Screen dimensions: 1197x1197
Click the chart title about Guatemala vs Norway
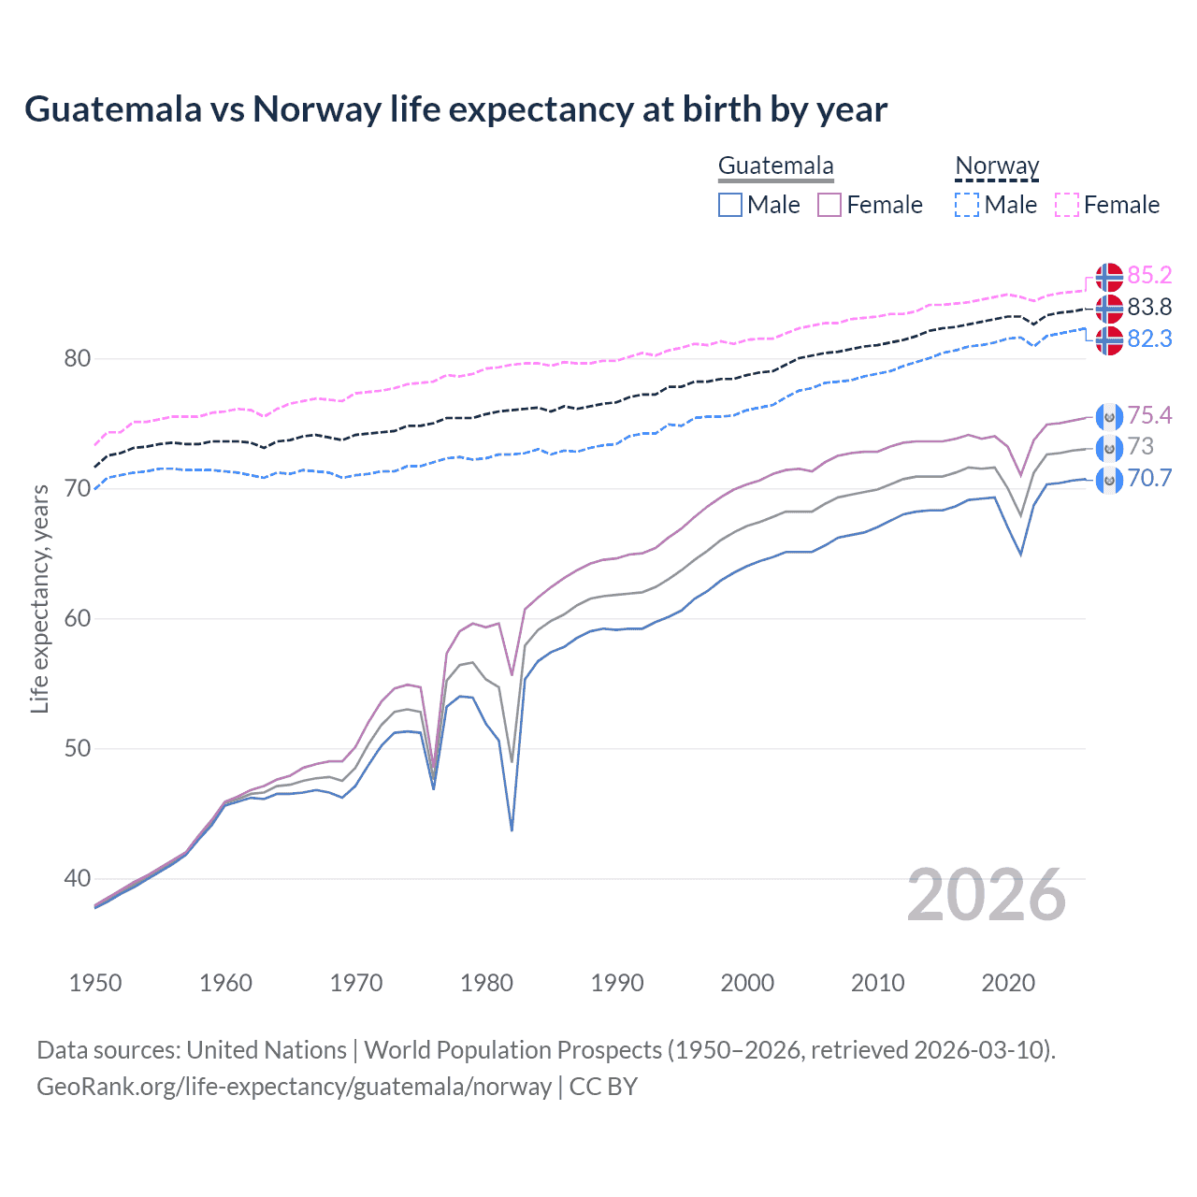pyautogui.click(x=455, y=109)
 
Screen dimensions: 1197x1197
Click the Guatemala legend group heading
pyautogui.click(x=775, y=166)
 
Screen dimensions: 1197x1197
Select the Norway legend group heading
pyautogui.click(x=997, y=166)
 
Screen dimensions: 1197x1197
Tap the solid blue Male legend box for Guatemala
pyautogui.click(x=730, y=205)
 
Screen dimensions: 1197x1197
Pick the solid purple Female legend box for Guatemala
pyautogui.click(x=829, y=205)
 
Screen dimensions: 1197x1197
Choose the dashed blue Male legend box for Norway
pyautogui.click(x=968, y=205)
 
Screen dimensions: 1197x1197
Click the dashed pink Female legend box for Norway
pyautogui.click(x=1067, y=205)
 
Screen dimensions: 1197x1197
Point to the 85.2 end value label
pyautogui.click(x=1149, y=275)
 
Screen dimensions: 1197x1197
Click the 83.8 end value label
pyautogui.click(x=1149, y=307)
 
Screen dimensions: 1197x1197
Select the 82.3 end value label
pyautogui.click(x=1149, y=339)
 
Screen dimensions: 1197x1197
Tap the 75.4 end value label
pyautogui.click(x=1149, y=415)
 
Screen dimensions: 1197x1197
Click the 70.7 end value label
pyautogui.click(x=1149, y=479)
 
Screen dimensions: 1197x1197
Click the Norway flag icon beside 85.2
pyautogui.click(x=1109, y=277)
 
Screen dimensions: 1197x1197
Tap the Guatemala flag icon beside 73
pyautogui.click(x=1109, y=449)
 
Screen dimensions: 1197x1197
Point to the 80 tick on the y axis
pyautogui.click(x=78, y=359)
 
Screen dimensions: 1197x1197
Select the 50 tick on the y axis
pyautogui.click(x=78, y=749)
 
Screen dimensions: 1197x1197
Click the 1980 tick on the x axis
pyautogui.click(x=486, y=983)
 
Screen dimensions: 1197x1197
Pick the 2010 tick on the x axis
pyautogui.click(x=877, y=983)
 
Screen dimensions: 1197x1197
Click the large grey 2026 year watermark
pyautogui.click(x=986, y=896)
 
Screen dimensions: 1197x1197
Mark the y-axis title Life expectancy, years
pyautogui.click(x=40, y=598)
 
